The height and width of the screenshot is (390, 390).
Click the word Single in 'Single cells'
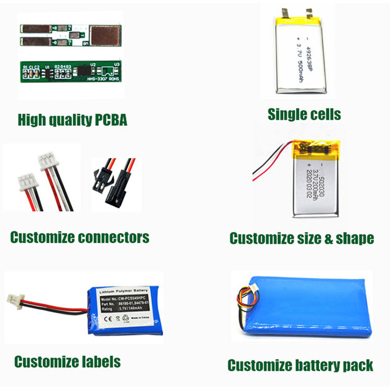(x=285, y=114)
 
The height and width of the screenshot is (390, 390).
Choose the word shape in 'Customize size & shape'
(x=354, y=239)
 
